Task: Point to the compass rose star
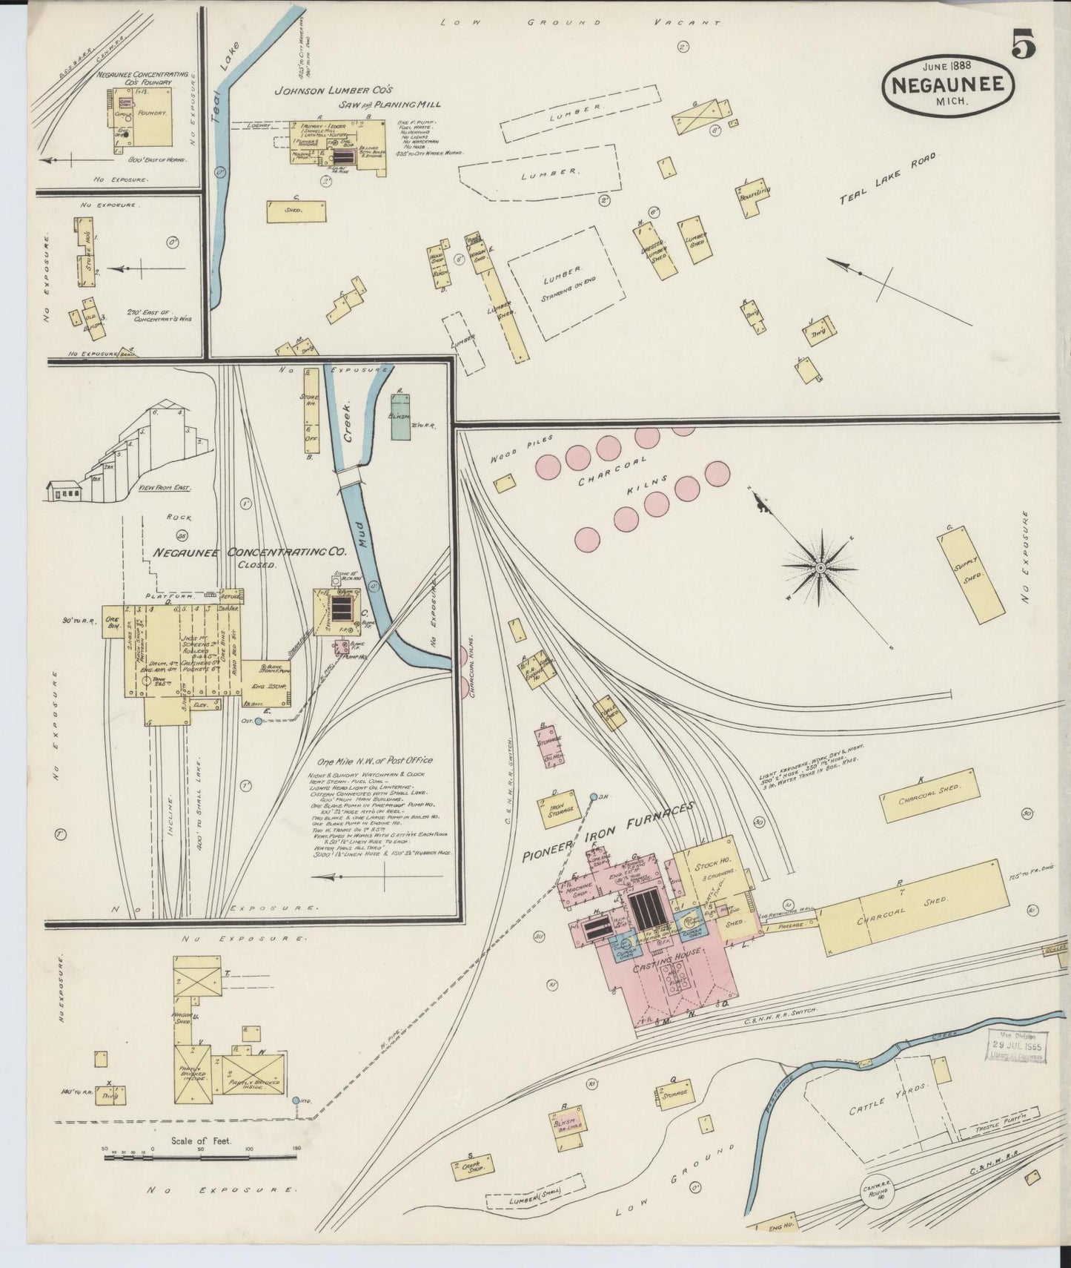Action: click(x=820, y=568)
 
